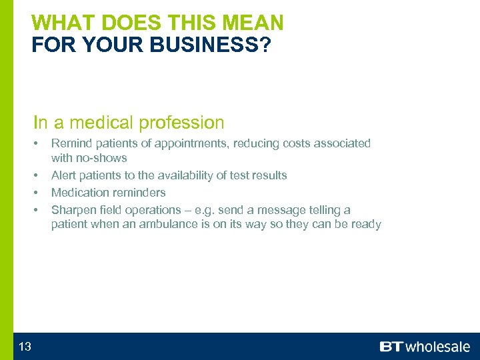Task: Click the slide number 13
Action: point(25,346)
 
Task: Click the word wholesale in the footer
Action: point(437,347)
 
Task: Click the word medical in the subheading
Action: point(100,123)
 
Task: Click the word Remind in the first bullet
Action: point(69,143)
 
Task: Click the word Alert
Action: point(64,175)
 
